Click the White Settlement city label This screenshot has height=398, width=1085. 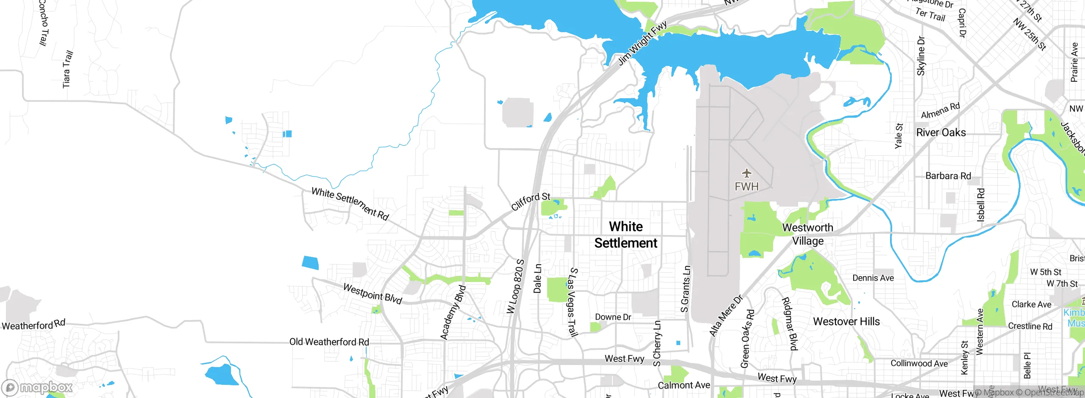(626, 235)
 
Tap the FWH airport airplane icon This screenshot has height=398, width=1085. (746, 173)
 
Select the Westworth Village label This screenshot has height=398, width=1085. (807, 234)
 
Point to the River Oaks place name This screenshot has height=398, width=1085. (941, 133)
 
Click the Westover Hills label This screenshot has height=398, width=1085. (846, 321)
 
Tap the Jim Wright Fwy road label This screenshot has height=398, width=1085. (642, 44)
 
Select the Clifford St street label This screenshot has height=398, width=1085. (530, 201)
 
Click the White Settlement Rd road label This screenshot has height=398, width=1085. (350, 204)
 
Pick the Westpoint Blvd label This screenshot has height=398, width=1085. (372, 293)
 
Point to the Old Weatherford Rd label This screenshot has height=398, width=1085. (329, 342)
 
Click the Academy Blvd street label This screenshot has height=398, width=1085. (453, 312)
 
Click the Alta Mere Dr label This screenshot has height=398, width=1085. (726, 315)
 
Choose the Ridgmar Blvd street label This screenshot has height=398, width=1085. (789, 324)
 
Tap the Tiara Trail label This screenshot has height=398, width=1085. (67, 69)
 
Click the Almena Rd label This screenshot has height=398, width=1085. (940, 111)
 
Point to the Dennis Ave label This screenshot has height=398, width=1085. (873, 278)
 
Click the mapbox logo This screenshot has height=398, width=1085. (37, 387)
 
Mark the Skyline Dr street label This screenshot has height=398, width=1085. (921, 56)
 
